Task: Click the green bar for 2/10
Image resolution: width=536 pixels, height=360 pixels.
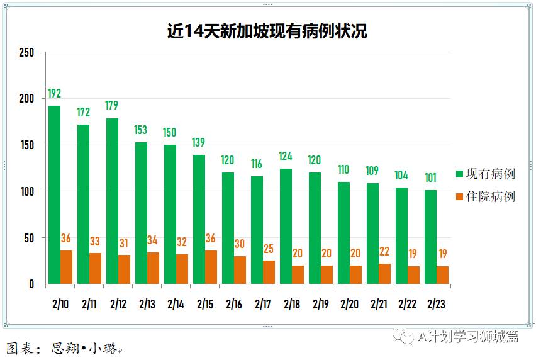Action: pyautogui.click(x=55, y=195)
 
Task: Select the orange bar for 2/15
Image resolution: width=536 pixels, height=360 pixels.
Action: pyautogui.click(x=211, y=267)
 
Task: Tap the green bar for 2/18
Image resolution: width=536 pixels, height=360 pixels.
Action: pyautogui.click(x=286, y=227)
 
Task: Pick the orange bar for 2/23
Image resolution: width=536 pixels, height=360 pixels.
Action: pyautogui.click(x=442, y=275)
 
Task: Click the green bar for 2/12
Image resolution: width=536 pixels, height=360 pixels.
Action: pyautogui.click(x=113, y=201)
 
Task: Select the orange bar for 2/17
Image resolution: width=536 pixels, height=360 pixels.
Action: pyautogui.click(x=269, y=273)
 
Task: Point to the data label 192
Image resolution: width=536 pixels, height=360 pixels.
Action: pyautogui.click(x=55, y=94)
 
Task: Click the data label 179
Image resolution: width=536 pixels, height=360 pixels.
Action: pyautogui.click(x=112, y=106)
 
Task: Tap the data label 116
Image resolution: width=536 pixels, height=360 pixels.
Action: pyautogui.click(x=257, y=164)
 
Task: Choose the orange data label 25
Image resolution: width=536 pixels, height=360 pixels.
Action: pyautogui.click(x=269, y=249)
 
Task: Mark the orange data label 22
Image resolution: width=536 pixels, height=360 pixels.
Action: pyautogui.click(x=384, y=252)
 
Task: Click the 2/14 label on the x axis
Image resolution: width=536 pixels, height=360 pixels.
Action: pyautogui.click(x=176, y=304)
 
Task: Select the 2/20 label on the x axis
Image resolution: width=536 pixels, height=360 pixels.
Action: pyautogui.click(x=349, y=304)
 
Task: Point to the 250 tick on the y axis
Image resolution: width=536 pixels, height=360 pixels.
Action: pyautogui.click(x=26, y=52)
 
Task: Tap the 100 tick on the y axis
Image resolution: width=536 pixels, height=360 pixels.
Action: pyautogui.click(x=26, y=191)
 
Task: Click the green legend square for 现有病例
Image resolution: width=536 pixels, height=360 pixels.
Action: pyautogui.click(x=459, y=174)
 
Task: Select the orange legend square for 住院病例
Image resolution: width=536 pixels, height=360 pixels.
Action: pyautogui.click(x=459, y=197)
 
